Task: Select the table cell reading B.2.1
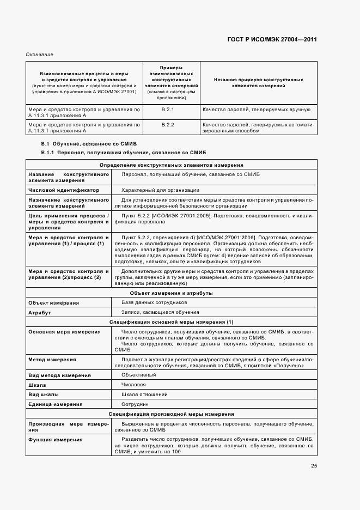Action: (168, 111)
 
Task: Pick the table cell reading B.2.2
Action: (168, 125)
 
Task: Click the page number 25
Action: (314, 465)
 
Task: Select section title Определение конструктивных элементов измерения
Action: (171, 165)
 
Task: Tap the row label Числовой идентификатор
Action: (64, 190)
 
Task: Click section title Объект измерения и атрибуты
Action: (171, 293)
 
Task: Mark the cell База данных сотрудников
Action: (154, 302)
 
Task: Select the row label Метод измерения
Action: (52, 360)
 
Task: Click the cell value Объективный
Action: (138, 375)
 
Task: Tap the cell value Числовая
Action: (134, 385)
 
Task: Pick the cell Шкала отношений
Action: (143, 394)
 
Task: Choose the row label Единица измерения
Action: (56, 404)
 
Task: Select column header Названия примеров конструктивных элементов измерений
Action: (258, 83)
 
